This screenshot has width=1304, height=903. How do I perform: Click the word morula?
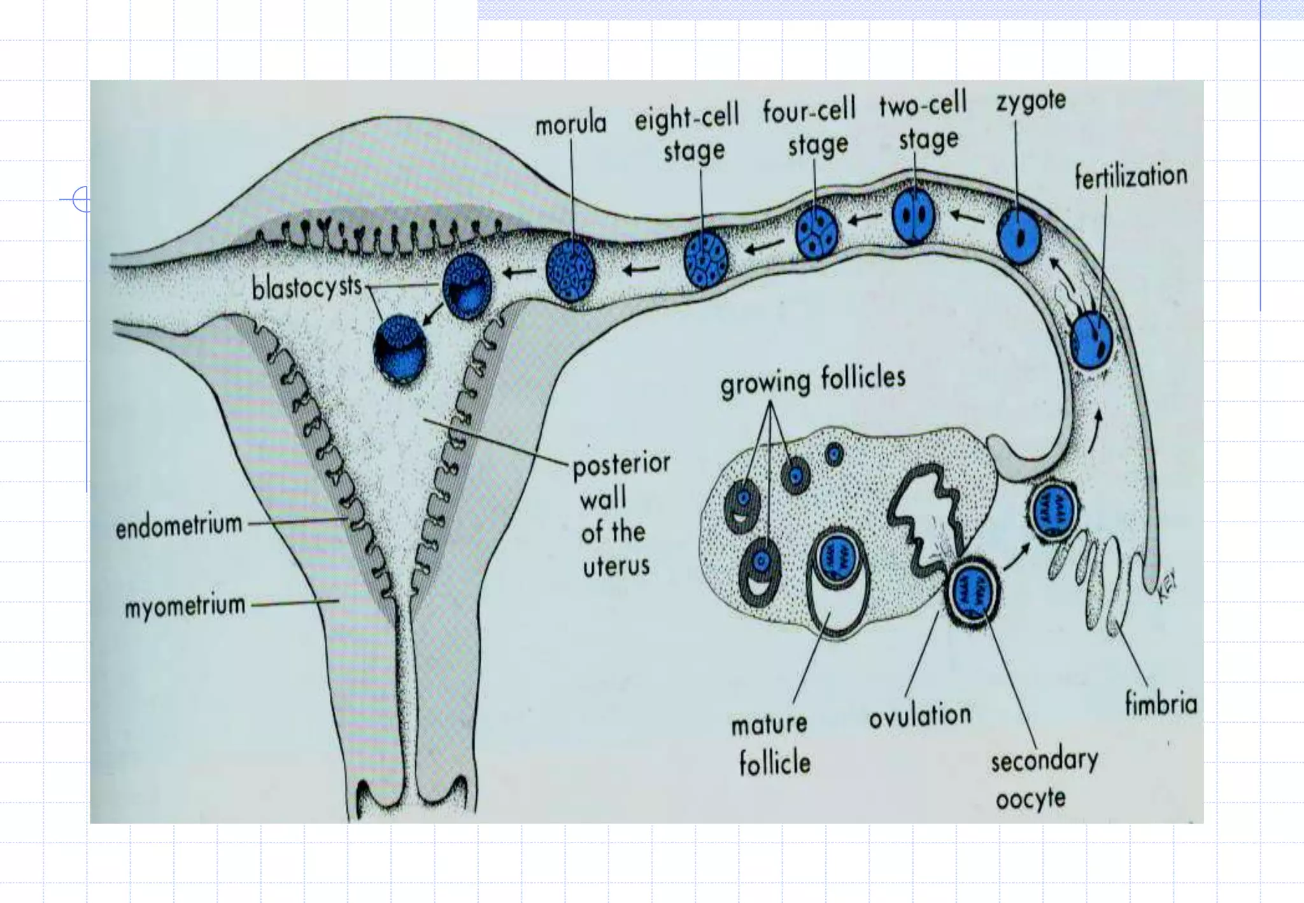pyautogui.click(x=570, y=124)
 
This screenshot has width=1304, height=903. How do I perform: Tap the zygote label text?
pyautogui.click(x=1031, y=101)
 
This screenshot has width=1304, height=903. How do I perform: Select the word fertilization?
pyautogui.click(x=1131, y=176)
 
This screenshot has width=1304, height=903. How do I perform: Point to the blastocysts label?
pyautogui.click(x=307, y=288)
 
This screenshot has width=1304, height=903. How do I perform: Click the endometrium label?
pyautogui.click(x=179, y=526)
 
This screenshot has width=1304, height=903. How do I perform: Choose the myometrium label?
pyautogui.click(x=185, y=606)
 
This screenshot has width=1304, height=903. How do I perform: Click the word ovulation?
pyautogui.click(x=920, y=716)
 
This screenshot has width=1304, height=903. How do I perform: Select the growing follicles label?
pyautogui.click(x=812, y=381)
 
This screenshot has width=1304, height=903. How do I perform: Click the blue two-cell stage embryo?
pyautogui.click(x=914, y=217)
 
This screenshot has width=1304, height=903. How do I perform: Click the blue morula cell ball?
pyautogui.click(x=571, y=270)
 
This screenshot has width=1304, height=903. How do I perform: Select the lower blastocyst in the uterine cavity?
pyautogui.click(x=400, y=350)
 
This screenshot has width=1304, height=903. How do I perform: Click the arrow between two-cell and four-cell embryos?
pyautogui.click(x=863, y=220)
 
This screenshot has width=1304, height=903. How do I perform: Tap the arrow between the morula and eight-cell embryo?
pyautogui.click(x=641, y=270)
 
